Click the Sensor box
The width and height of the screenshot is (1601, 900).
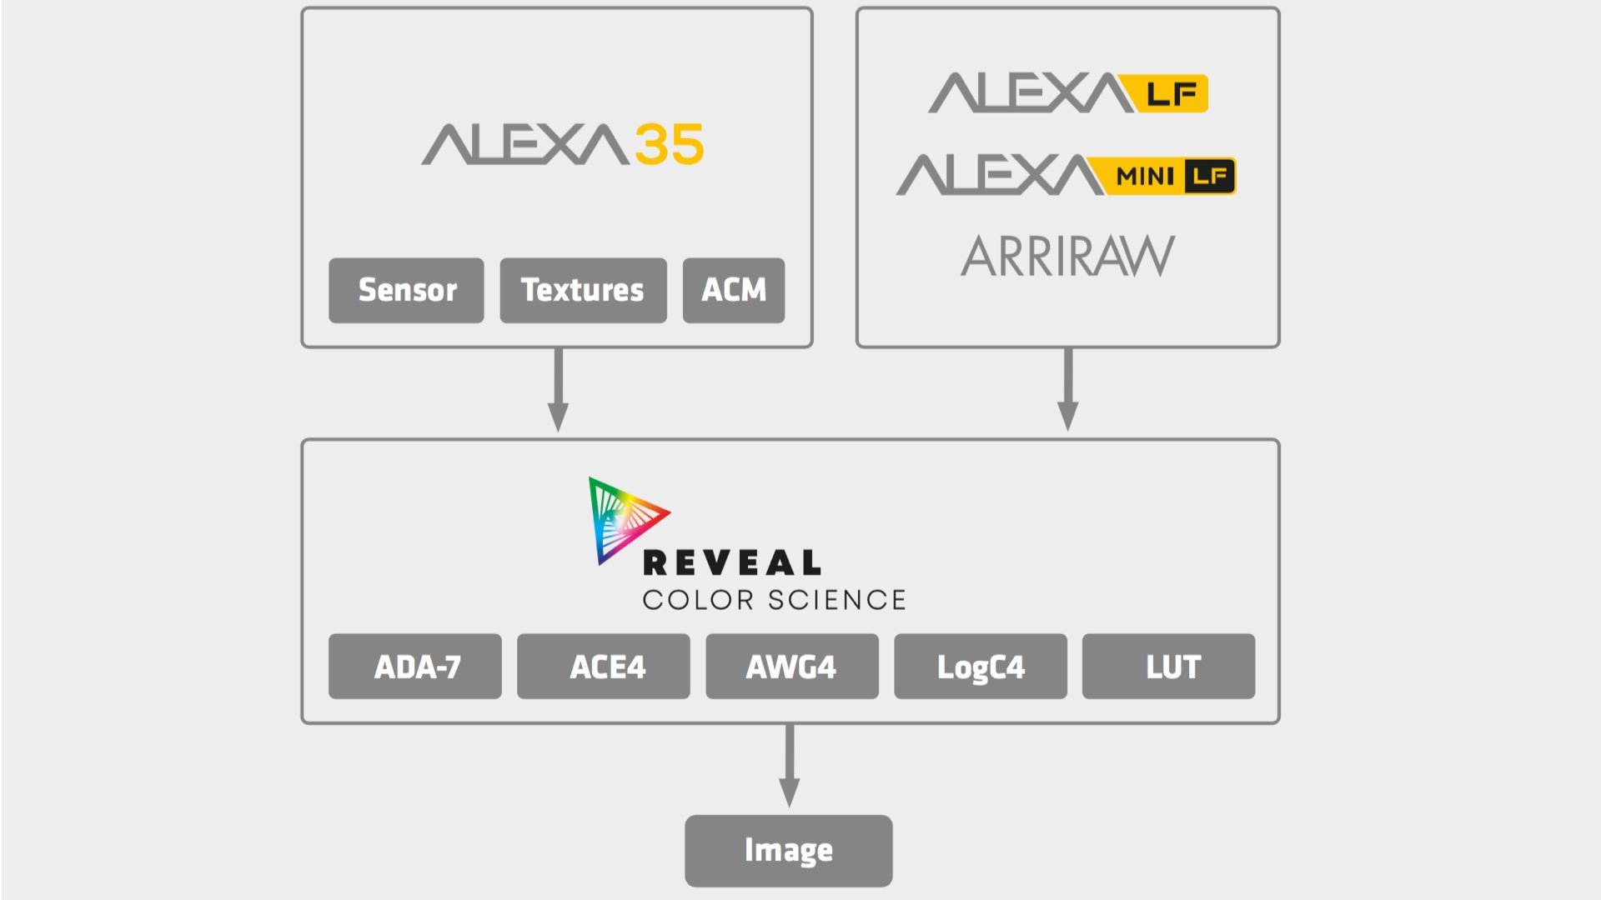[x=406, y=290]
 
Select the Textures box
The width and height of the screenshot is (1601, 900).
[x=583, y=290]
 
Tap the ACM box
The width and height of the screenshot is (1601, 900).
[x=733, y=290]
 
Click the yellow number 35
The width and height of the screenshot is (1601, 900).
[x=669, y=145]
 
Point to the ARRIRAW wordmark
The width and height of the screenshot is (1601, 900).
[x=1067, y=256]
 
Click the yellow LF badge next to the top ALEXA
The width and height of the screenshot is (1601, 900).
[x=1171, y=93]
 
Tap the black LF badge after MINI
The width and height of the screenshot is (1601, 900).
[x=1209, y=176]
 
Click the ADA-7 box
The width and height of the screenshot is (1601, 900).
[x=415, y=667]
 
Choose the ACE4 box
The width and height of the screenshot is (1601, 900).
[x=604, y=667]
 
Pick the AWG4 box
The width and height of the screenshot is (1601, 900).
[x=791, y=667]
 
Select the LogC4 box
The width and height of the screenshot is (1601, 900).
[x=981, y=667]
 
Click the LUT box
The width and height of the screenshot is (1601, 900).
[x=1168, y=667]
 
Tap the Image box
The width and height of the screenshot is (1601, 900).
[x=788, y=850]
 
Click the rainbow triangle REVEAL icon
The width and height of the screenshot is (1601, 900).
[x=621, y=518]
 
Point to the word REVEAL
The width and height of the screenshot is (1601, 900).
[x=732, y=563]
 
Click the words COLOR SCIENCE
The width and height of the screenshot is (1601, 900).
[x=774, y=600]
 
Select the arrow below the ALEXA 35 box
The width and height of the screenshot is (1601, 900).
[x=558, y=392]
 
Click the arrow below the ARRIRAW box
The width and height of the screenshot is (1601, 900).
[x=1067, y=392]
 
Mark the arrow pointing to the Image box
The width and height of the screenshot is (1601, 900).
[x=789, y=767]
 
